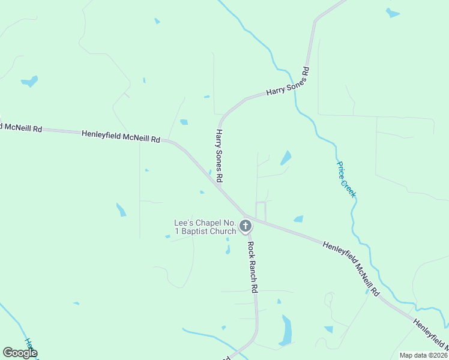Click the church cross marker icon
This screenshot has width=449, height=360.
click(245, 226)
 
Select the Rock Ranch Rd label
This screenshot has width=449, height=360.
click(253, 266)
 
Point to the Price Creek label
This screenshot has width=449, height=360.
click(346, 179)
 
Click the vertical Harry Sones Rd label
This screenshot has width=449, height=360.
click(220, 155)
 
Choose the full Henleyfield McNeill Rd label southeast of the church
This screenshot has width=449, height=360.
click(351, 268)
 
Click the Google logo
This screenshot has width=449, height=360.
click(20, 353)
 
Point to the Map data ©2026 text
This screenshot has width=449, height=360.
click(423, 355)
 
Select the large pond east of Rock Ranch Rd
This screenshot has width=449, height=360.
click(286, 331)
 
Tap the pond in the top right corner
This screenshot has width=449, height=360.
click(393, 13)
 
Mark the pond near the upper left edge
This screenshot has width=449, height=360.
click(29, 80)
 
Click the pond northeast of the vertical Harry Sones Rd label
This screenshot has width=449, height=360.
click(286, 158)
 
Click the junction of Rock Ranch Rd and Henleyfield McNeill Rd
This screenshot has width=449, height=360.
click(246, 216)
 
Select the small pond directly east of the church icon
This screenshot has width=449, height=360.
click(298, 219)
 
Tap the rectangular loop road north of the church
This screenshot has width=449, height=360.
click(261, 211)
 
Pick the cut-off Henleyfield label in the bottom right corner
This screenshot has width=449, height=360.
click(430, 334)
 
